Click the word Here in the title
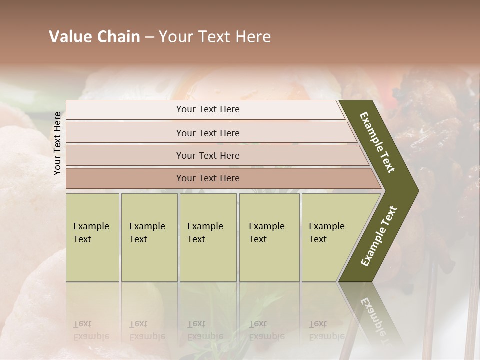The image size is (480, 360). point(253,37)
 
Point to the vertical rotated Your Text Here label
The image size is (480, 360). point(57,144)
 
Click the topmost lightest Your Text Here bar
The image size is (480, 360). point(208,109)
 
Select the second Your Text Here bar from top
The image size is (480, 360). point(208,133)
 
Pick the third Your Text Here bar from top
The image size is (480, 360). point(208,155)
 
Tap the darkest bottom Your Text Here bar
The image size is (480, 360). point(208,178)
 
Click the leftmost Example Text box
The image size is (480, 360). point(92,237)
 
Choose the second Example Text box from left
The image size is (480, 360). point(149,237)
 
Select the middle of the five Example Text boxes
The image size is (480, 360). point(208,237)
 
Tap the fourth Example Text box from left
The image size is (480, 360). point(269,237)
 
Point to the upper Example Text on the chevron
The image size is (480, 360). point(377,143)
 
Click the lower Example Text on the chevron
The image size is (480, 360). point(379,236)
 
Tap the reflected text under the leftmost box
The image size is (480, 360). point(91,330)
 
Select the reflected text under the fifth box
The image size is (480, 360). point(326,330)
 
